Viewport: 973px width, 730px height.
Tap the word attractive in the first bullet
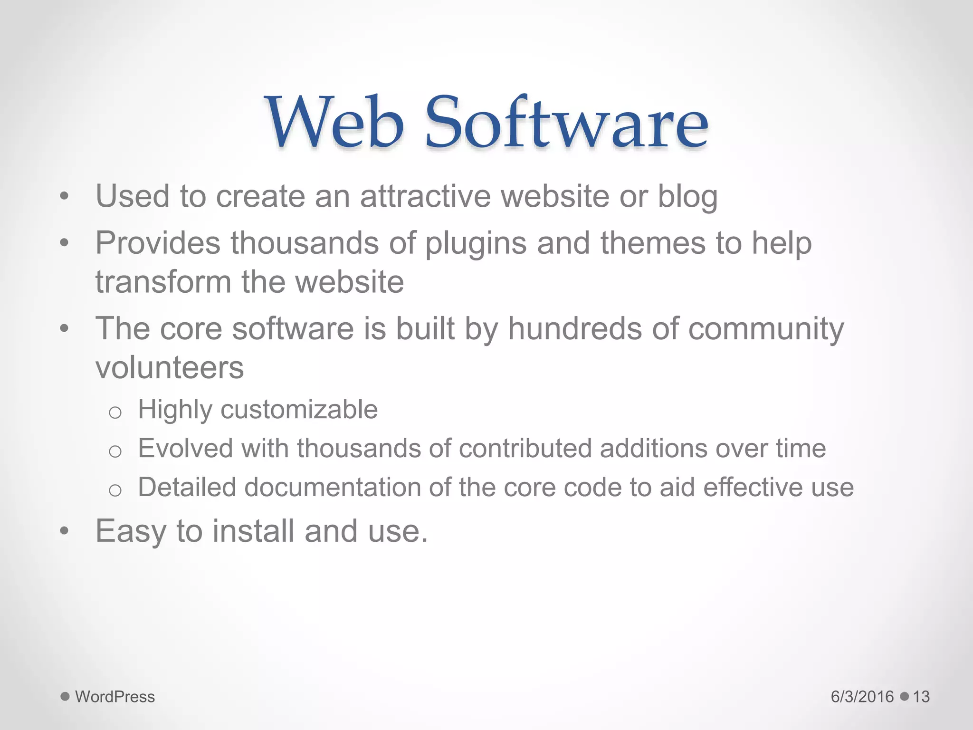tap(425, 196)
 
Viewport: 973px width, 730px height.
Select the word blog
tap(687, 197)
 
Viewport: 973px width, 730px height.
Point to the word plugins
tap(475, 244)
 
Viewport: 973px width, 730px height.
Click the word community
tap(766, 329)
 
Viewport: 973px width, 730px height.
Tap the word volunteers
tap(170, 368)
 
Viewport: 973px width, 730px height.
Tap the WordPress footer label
tap(115, 697)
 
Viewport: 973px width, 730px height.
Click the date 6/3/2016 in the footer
tap(862, 697)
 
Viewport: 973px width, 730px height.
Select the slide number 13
tap(921, 697)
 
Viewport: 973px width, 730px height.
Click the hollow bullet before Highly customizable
tap(115, 412)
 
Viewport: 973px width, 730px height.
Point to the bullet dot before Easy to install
tap(65, 531)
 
